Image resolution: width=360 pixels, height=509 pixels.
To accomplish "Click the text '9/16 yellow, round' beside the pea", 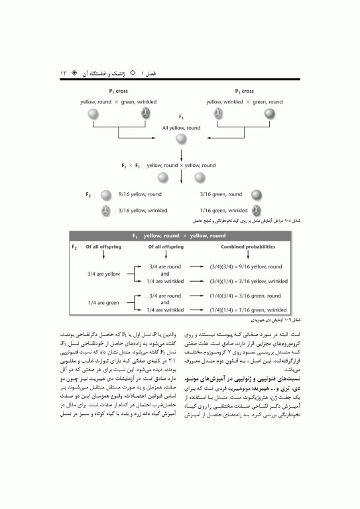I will (x=141, y=195).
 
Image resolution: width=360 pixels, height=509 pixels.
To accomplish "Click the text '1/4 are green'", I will (x=103, y=303).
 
